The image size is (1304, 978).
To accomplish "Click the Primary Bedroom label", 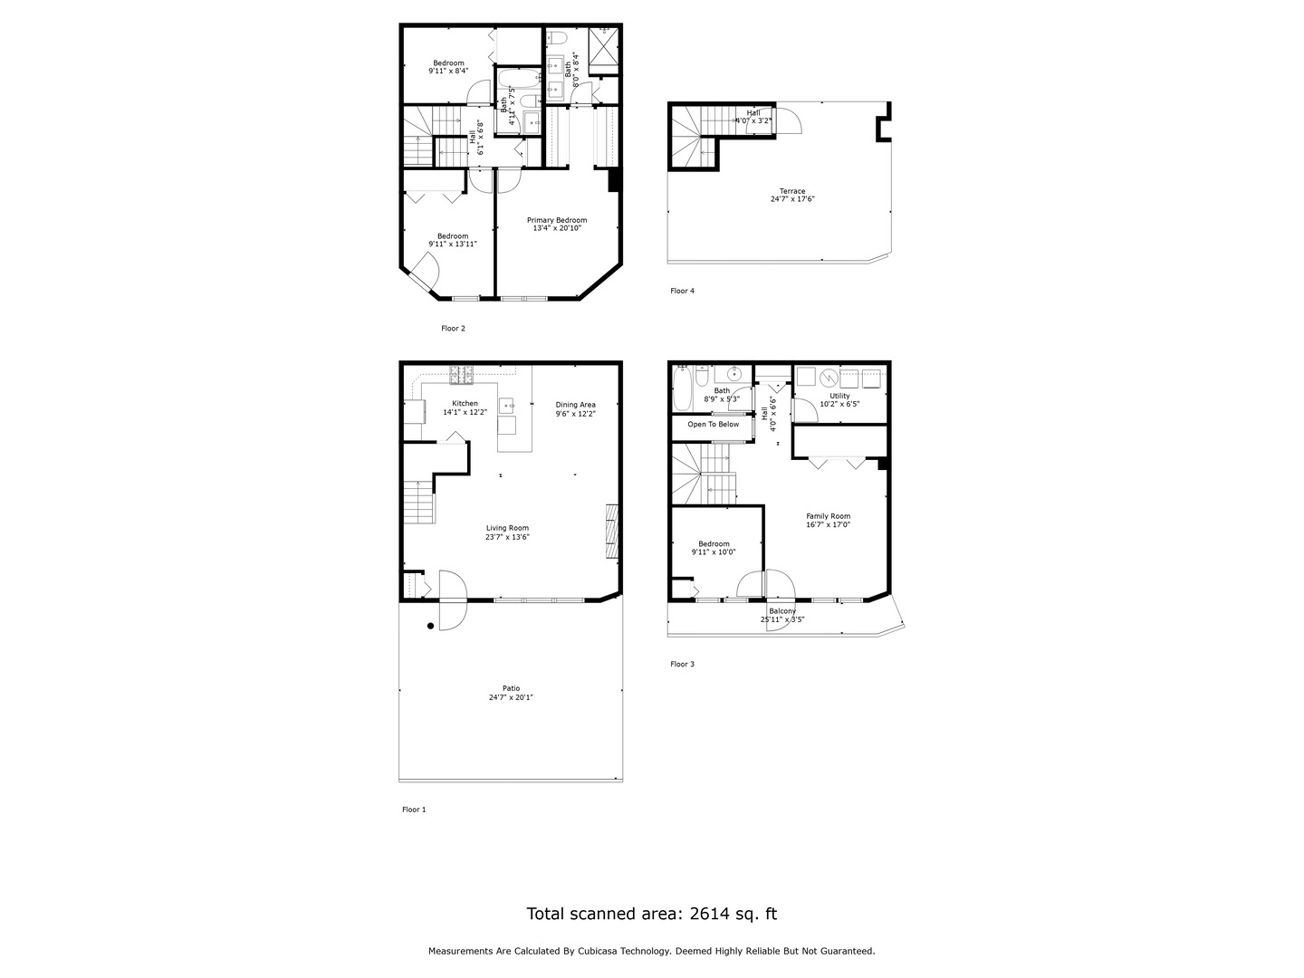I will [x=557, y=220].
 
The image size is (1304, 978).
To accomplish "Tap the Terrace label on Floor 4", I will [x=792, y=191].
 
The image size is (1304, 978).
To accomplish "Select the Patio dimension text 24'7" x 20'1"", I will [x=511, y=697].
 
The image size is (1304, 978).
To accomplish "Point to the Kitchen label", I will [x=465, y=404].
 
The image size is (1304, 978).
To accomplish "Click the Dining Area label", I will [x=575, y=405].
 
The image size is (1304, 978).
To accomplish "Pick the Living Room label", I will [x=507, y=528].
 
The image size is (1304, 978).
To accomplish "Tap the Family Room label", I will [x=828, y=516].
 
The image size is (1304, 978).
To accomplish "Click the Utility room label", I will [x=839, y=396].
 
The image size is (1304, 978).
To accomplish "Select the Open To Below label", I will [x=713, y=424].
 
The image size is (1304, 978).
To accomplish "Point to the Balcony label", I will [x=782, y=611].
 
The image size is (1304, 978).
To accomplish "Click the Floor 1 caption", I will [x=414, y=810].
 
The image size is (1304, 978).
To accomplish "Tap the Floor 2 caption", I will [x=453, y=329].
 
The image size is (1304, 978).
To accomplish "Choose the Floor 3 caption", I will [x=682, y=664].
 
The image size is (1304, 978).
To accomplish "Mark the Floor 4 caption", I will [x=682, y=291].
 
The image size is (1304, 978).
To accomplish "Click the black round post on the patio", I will [x=431, y=626].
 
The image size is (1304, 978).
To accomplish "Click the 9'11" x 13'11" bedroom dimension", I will [x=453, y=244].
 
